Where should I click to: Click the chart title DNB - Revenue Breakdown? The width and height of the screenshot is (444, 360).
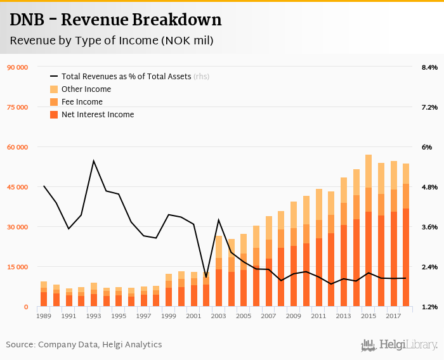(115, 20)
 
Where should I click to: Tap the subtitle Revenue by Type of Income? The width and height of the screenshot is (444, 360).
(111, 41)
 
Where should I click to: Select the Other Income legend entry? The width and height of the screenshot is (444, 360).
(86, 89)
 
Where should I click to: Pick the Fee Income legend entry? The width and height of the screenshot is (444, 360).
(82, 102)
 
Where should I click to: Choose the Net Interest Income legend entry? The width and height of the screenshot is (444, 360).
(98, 115)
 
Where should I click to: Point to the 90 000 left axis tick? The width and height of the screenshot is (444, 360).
(16, 67)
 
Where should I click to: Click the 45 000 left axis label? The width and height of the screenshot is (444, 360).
(16, 187)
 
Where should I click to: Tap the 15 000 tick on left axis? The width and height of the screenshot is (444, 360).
(16, 267)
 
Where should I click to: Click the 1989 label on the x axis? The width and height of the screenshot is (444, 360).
(44, 316)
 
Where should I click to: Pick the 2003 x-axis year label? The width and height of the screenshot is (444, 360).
(218, 316)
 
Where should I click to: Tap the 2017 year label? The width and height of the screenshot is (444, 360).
(393, 316)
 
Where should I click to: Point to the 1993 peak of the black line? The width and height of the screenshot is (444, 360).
(94, 161)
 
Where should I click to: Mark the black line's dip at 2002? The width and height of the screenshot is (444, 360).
(206, 277)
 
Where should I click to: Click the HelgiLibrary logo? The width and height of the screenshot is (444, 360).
(399, 345)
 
